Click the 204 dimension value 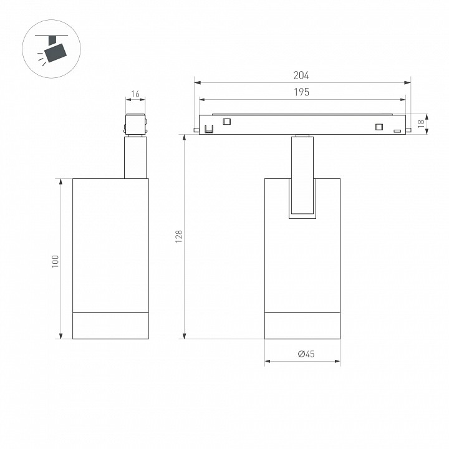(x=301, y=75)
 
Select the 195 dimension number (x=302, y=92)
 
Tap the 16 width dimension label (x=135, y=94)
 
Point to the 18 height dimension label (x=421, y=123)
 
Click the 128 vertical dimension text (x=179, y=236)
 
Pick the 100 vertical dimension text (x=55, y=261)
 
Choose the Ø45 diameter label (x=306, y=354)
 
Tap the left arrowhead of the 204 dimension (x=198, y=83)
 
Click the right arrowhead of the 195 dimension (x=403, y=100)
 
